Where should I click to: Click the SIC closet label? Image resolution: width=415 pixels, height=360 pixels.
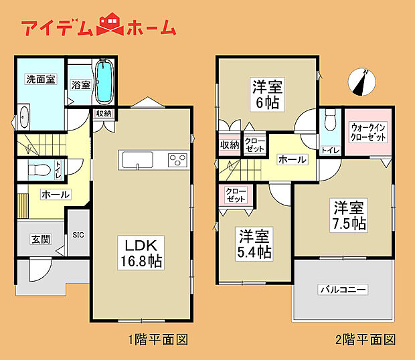(x=78, y=234)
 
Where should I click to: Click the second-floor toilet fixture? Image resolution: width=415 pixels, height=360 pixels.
(x=329, y=121)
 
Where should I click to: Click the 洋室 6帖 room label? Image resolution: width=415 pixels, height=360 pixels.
(x=266, y=93)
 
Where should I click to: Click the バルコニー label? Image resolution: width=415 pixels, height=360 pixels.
(x=342, y=290)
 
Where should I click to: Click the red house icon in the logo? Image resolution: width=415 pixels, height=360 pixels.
(x=110, y=25)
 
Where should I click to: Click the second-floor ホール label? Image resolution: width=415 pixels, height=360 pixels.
(x=292, y=160)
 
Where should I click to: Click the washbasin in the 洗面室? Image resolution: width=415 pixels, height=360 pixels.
(x=24, y=118)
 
